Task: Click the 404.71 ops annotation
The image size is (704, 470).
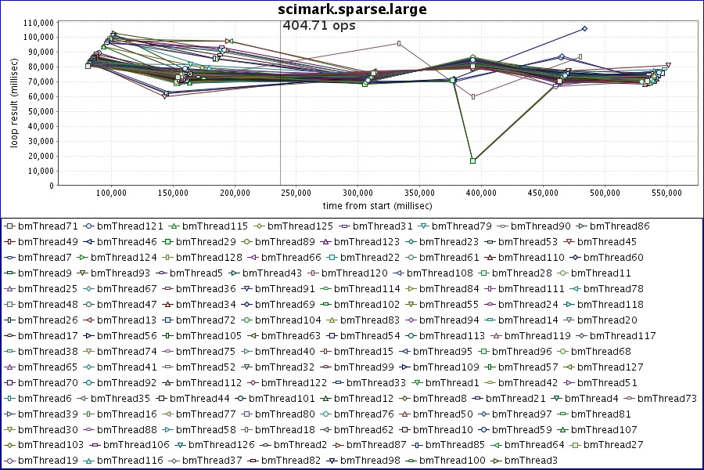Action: (x=318, y=26)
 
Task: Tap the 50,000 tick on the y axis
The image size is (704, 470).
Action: (x=38, y=111)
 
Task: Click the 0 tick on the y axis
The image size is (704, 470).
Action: (x=50, y=186)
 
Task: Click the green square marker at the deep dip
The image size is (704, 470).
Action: (x=473, y=161)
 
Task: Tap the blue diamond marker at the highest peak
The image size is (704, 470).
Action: (x=584, y=28)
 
